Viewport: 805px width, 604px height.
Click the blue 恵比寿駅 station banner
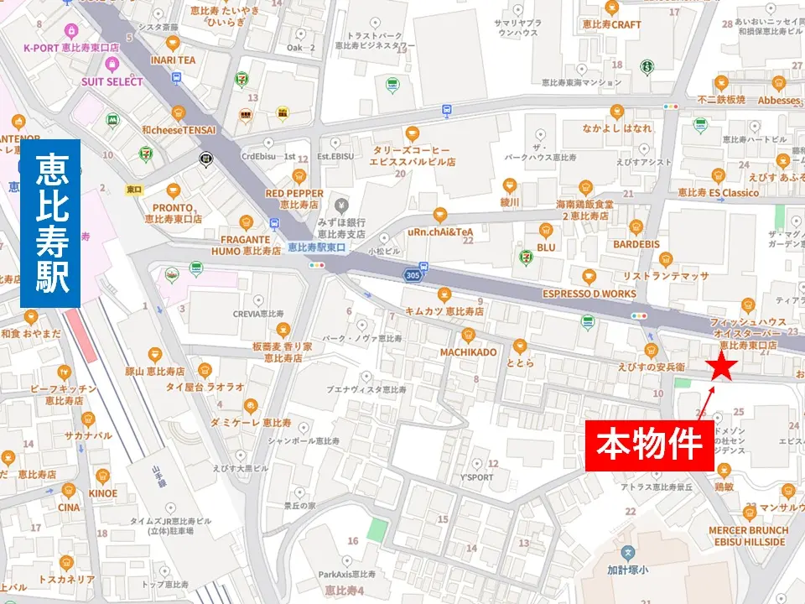(50, 223)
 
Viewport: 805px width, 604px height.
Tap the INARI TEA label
(173, 60)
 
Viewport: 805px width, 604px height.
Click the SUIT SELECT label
(112, 82)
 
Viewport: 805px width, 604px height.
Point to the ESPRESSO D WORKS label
(589, 294)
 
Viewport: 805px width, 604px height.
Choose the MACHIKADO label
(468, 351)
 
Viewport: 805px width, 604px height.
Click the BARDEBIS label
(636, 244)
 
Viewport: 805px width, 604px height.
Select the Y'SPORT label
(478, 476)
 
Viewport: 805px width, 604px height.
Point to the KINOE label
(102, 493)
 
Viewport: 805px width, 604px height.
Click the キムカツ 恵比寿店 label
(444, 311)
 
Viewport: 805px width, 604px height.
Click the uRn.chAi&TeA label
(439, 232)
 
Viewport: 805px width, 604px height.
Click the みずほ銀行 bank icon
(340, 206)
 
